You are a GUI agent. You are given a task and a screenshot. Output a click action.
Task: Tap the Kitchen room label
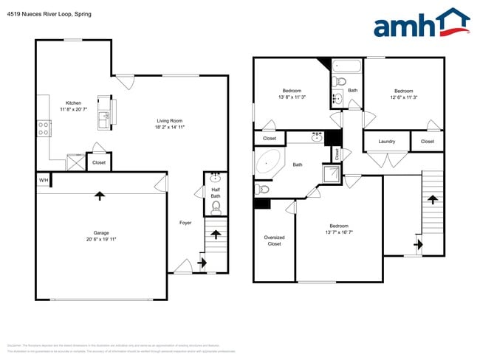pyautogui.click(x=73, y=103)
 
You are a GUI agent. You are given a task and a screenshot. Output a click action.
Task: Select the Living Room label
pyautogui.click(x=169, y=121)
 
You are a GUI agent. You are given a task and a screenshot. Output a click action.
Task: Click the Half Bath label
pyautogui.click(x=216, y=193)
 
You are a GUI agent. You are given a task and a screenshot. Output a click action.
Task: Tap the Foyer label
pyautogui.click(x=185, y=222)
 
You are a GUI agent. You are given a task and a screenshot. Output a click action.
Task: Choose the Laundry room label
pyautogui.click(x=386, y=142)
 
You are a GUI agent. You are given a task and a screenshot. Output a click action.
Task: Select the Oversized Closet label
pyautogui.click(x=274, y=240)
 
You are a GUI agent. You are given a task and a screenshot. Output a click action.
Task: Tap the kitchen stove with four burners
pyautogui.click(x=44, y=130)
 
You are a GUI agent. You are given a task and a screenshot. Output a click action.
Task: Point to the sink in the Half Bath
pyautogui.click(x=216, y=178)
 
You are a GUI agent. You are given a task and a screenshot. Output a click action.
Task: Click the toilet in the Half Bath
pyautogui.click(x=216, y=208)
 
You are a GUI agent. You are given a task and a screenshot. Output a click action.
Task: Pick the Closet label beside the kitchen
pyautogui.click(x=99, y=162)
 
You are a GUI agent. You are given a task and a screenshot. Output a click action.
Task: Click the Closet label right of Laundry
pyautogui.click(x=428, y=141)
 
